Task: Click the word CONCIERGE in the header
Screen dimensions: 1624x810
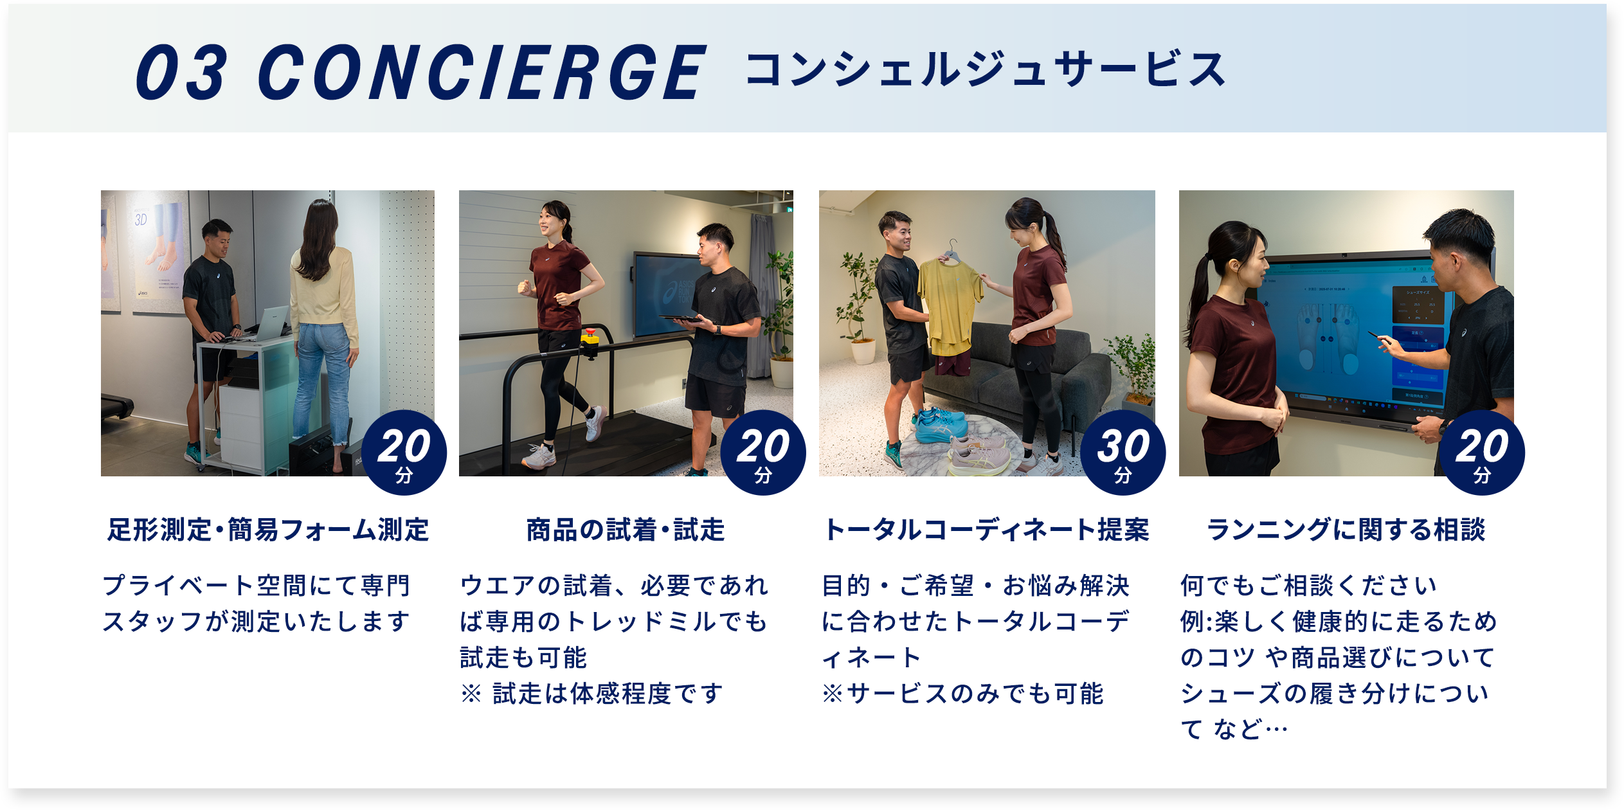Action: [482, 72]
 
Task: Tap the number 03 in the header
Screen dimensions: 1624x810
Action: [182, 72]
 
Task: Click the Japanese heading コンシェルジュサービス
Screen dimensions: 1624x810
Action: [986, 69]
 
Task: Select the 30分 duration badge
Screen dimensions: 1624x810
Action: [1123, 453]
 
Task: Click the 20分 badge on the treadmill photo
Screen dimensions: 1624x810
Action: [763, 453]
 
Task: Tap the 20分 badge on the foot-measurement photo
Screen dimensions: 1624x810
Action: [404, 453]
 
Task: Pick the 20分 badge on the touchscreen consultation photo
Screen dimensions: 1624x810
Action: [1482, 453]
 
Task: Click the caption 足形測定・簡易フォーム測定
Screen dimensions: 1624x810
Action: [267, 530]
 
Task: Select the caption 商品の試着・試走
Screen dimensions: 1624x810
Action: [626, 530]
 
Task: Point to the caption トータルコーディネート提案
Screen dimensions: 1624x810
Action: [986, 530]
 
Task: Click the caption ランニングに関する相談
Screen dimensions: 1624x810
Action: [1346, 530]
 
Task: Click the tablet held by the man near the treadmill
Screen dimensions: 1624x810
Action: [681, 318]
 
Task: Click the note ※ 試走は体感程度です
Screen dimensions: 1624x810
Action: [591, 694]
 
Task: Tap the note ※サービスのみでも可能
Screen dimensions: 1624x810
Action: [962, 694]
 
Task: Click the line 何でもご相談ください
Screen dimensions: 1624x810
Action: [1308, 586]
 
